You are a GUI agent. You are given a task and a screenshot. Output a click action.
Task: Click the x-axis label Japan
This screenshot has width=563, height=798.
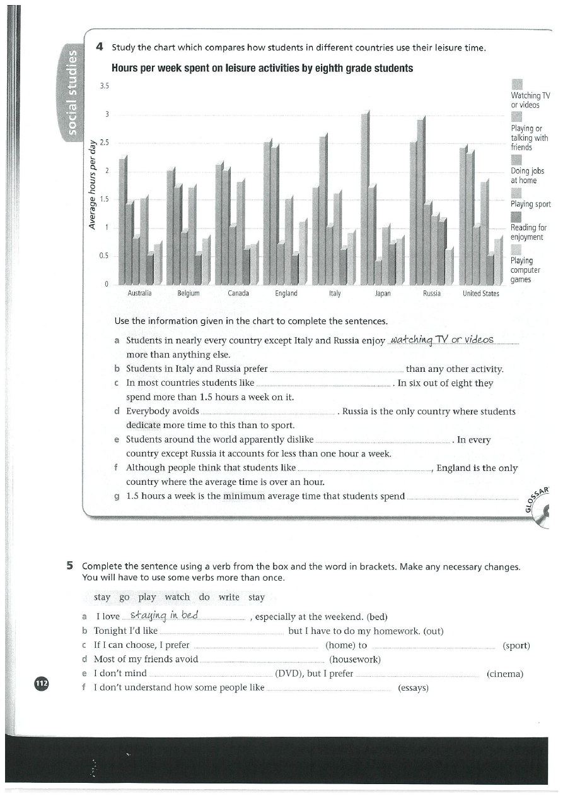[383, 294]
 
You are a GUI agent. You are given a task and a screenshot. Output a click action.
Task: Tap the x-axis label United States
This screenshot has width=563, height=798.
[480, 294]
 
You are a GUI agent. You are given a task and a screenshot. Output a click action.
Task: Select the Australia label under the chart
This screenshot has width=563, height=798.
[139, 294]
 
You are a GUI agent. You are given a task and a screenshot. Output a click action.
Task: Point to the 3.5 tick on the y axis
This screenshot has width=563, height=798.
[105, 86]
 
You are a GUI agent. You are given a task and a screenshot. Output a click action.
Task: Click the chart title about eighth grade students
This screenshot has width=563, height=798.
[262, 68]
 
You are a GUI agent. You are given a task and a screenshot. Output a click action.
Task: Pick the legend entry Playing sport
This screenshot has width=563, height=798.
[530, 204]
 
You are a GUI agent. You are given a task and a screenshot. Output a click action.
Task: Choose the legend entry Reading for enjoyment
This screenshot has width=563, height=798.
[528, 232]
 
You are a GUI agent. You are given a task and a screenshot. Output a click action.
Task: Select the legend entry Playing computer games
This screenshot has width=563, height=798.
[525, 270]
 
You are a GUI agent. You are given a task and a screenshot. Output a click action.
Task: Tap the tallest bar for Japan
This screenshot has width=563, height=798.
[365, 199]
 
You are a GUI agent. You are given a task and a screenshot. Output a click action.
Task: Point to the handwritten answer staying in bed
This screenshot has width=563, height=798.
[164, 616]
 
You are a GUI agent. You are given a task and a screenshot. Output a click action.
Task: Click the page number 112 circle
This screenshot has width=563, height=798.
[42, 683]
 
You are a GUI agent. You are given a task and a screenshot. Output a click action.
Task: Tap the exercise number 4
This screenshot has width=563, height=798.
[100, 46]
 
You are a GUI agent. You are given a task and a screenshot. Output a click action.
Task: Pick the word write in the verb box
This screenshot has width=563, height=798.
[229, 597]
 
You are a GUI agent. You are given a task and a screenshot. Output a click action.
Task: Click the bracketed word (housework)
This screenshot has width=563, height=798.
[355, 660]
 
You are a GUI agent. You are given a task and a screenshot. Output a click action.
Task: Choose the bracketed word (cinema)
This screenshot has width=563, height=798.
[505, 674]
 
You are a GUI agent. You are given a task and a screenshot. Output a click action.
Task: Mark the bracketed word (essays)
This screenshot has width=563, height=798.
[414, 688]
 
